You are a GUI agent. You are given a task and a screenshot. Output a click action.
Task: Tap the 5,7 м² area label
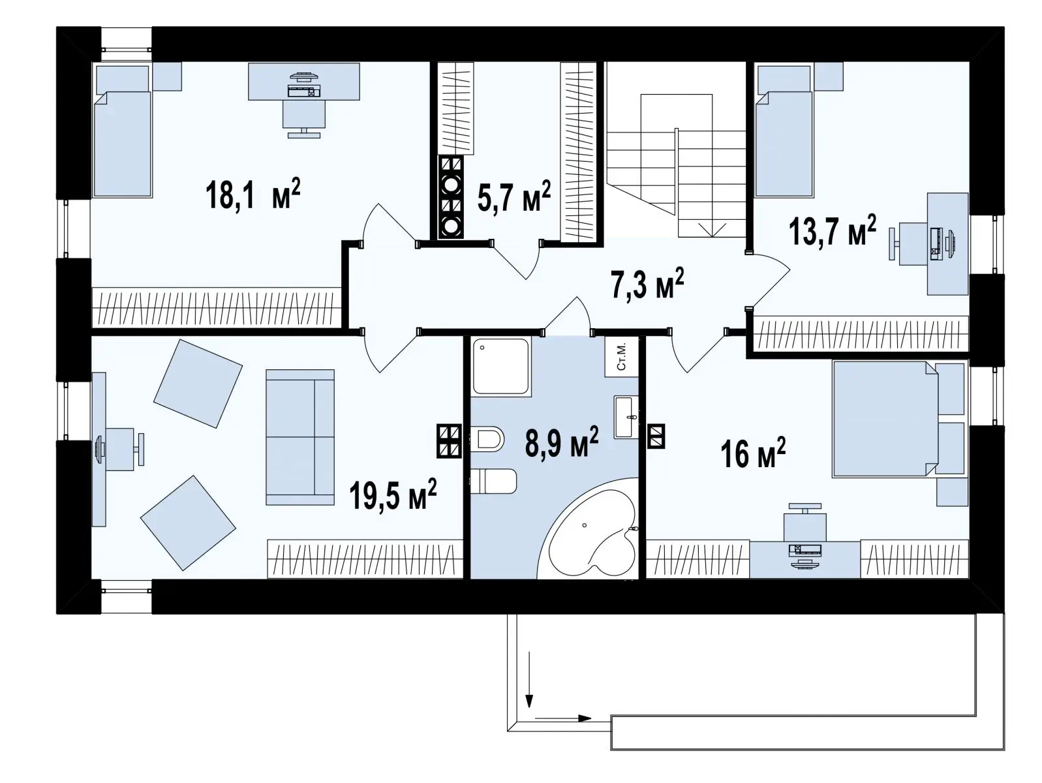tap(514, 196)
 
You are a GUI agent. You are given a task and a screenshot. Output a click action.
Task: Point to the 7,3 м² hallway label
tap(647, 283)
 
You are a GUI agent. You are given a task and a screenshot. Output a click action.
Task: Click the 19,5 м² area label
tap(393, 495)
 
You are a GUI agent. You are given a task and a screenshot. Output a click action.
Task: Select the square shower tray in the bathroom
tap(501, 366)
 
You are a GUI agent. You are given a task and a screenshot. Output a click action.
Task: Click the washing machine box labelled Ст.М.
tap(621, 357)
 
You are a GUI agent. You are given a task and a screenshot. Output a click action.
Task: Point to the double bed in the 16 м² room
tap(886, 419)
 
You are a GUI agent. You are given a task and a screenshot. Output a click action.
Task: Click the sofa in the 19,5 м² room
tap(300, 437)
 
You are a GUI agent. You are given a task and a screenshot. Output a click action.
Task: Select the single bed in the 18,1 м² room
tap(123, 131)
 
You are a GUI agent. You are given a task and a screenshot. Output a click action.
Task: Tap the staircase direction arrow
tap(712, 230)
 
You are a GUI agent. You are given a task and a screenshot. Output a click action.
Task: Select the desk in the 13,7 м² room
tap(948, 244)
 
